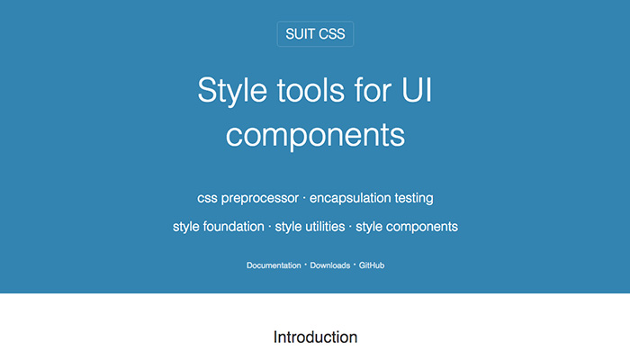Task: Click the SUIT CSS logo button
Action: (x=315, y=34)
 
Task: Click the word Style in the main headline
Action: (x=232, y=91)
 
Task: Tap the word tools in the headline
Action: (x=310, y=90)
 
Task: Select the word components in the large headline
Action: (x=315, y=136)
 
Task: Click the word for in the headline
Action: (x=373, y=90)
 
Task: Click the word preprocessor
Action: (x=260, y=199)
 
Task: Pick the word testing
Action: (x=414, y=199)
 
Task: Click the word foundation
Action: (x=233, y=227)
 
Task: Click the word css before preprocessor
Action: (x=207, y=199)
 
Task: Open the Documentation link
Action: (x=274, y=265)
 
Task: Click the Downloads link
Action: (x=330, y=265)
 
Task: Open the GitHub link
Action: (x=372, y=265)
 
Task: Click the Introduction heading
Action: (x=315, y=337)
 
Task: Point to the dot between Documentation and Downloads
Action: (x=305, y=265)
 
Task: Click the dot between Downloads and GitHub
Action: (x=355, y=265)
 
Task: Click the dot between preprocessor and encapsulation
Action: (x=304, y=198)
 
